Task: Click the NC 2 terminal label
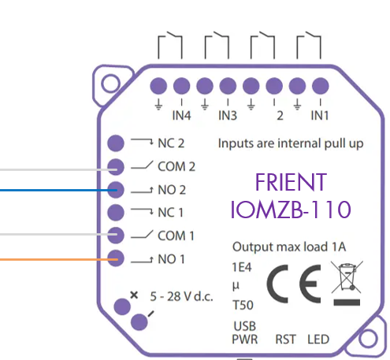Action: pos(171,143)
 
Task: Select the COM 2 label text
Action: pos(176,166)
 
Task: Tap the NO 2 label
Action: pos(172,190)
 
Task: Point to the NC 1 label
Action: pos(170,213)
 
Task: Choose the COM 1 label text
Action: pos(176,236)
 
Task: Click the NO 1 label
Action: pos(171,259)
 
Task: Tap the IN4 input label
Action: pos(181,115)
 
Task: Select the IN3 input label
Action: pos(228,115)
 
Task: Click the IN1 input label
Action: pos(320,115)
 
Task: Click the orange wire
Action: pos(59,260)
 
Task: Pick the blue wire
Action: pos(58,190)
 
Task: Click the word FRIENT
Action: pos(291,182)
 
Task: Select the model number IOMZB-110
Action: pos(291,210)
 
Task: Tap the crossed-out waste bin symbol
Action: pos(347,283)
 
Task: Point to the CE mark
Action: pos(294,284)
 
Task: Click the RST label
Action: pos(285,340)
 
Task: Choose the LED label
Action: pos(318,340)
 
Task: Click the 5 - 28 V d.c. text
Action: pos(181,297)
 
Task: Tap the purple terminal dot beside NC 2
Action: pos(116,143)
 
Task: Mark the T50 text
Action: pos(243,305)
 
